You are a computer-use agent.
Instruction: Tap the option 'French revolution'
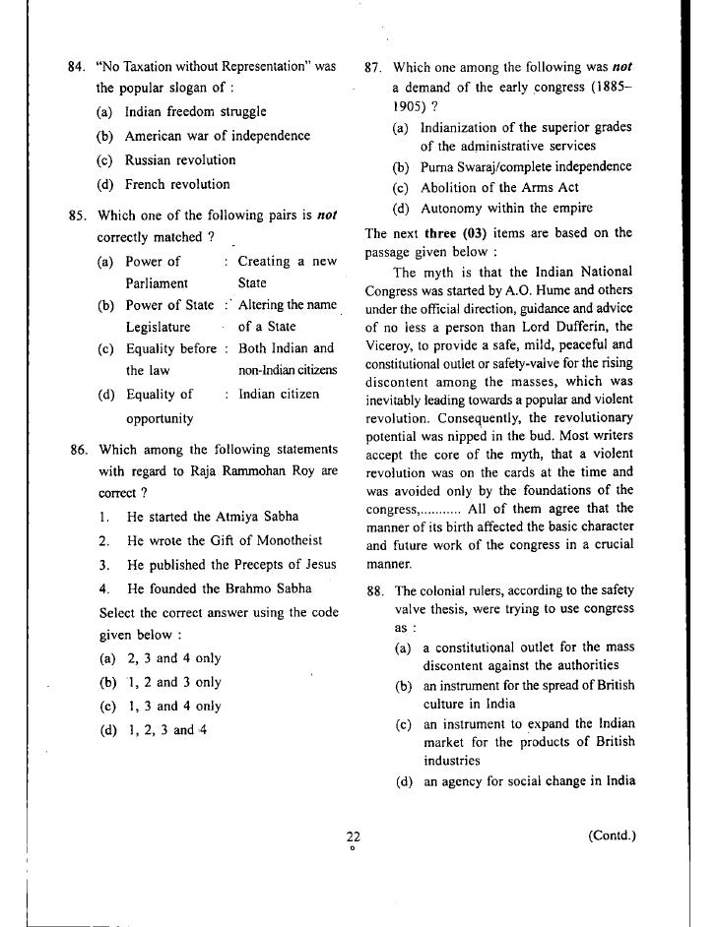177,184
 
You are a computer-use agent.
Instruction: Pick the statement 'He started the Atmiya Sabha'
213,516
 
